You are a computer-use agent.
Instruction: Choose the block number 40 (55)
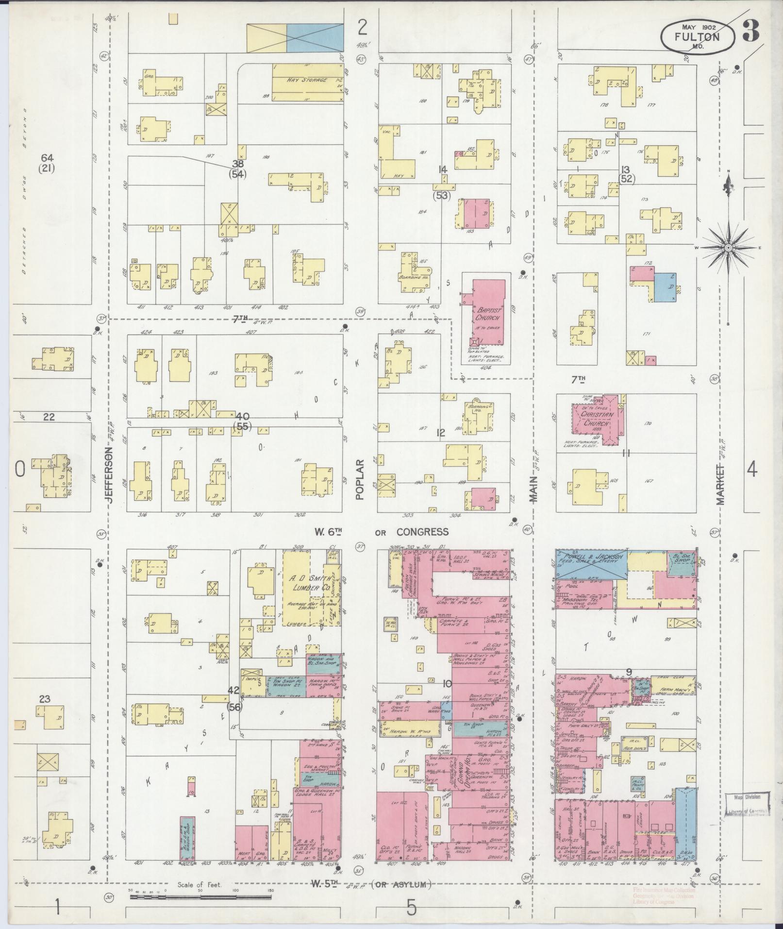pos(242,421)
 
